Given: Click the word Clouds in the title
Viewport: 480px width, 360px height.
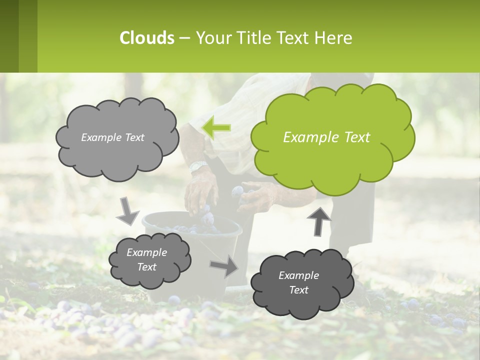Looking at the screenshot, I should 147,38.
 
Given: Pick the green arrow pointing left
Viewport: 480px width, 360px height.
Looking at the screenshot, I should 216,127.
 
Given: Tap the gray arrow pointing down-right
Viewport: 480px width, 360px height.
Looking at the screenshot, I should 128,210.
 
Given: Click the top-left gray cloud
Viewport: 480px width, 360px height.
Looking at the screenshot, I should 116,138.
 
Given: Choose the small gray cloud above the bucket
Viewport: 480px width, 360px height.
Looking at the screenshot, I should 149,260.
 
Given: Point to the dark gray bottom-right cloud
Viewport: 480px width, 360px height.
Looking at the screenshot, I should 301,283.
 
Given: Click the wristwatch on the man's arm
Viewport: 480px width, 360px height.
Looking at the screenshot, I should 198,166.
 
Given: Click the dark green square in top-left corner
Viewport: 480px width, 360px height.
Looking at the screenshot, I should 9,36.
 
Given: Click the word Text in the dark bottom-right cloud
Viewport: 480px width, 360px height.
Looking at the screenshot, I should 298,290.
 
